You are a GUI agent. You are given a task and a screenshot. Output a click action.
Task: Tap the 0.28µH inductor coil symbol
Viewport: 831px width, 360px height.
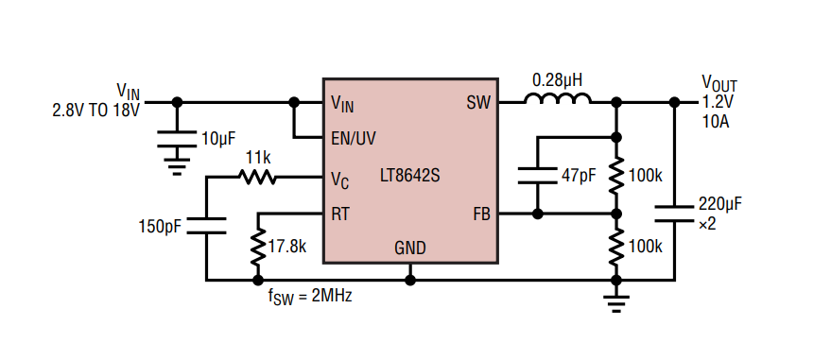[x=558, y=99]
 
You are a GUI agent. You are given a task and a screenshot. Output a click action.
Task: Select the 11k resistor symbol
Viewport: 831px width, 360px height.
[x=258, y=177]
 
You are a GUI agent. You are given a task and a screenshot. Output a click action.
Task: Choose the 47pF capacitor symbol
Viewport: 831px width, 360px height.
[x=537, y=175]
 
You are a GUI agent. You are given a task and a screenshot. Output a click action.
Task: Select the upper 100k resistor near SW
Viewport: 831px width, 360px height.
[x=615, y=176]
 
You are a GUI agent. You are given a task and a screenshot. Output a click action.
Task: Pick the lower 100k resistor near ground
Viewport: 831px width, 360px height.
[x=615, y=247]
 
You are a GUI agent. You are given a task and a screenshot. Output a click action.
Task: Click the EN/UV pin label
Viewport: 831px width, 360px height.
[x=354, y=138]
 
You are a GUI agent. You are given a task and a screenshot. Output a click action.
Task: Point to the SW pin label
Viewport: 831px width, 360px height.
[x=478, y=102]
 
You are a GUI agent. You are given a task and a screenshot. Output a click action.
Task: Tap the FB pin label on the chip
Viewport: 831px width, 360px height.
[x=481, y=214]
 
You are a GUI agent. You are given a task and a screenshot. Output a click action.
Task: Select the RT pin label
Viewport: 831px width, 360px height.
[x=340, y=214]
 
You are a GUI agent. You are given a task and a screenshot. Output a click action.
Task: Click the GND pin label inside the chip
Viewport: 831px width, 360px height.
[x=409, y=249]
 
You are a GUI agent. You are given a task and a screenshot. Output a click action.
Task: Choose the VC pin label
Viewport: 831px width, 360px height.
[x=340, y=178]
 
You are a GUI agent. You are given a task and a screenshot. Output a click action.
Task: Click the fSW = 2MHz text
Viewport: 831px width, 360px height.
[x=311, y=295]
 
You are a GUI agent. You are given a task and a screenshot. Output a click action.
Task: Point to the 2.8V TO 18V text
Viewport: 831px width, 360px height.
[x=95, y=111]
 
